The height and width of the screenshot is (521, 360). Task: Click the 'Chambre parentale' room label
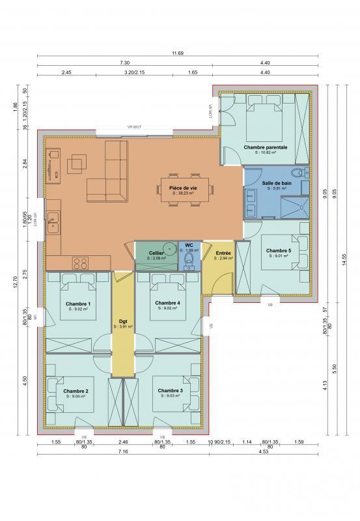pyautogui.click(x=265, y=147)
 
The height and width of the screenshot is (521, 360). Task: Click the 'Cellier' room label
pyautogui.click(x=156, y=252)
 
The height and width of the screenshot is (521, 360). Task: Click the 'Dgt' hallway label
pyautogui.click(x=122, y=320)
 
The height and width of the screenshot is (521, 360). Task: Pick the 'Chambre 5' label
pyautogui.click(x=278, y=250)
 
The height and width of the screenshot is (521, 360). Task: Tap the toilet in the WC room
pyautogui.click(x=189, y=261)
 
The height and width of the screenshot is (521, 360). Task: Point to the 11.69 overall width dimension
pyautogui.click(x=176, y=52)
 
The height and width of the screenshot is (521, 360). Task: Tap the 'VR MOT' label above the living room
pyautogui.click(x=134, y=127)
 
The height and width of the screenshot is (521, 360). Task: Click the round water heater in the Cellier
pyautogui.click(x=169, y=248)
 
